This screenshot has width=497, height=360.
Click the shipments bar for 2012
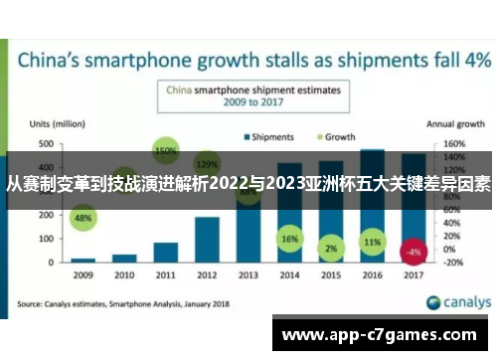207,239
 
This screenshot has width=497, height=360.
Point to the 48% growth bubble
83,218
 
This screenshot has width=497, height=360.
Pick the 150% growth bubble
165,151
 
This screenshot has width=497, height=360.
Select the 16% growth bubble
290,240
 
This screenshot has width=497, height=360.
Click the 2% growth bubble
331,248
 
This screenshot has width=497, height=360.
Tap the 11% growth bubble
373,242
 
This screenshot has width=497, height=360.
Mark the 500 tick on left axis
47,143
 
